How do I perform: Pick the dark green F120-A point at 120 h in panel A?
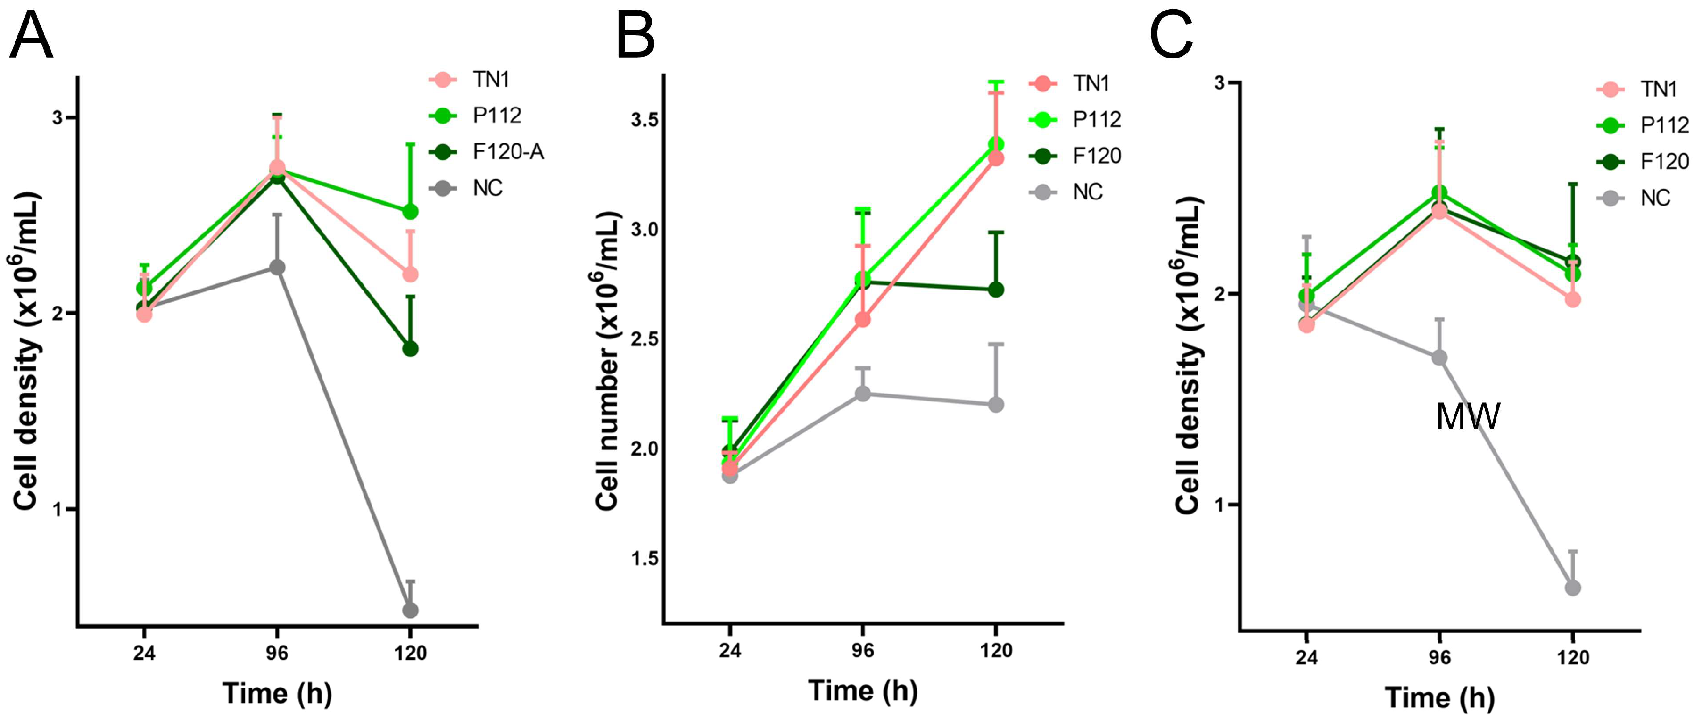pyautogui.click(x=410, y=348)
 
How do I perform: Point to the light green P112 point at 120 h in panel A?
pyautogui.click(x=410, y=212)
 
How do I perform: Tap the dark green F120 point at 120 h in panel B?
pyautogui.click(x=996, y=290)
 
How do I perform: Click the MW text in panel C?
pyautogui.click(x=1468, y=416)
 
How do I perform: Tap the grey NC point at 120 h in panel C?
pyautogui.click(x=1573, y=588)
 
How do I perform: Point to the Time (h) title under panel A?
pyautogui.click(x=277, y=694)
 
